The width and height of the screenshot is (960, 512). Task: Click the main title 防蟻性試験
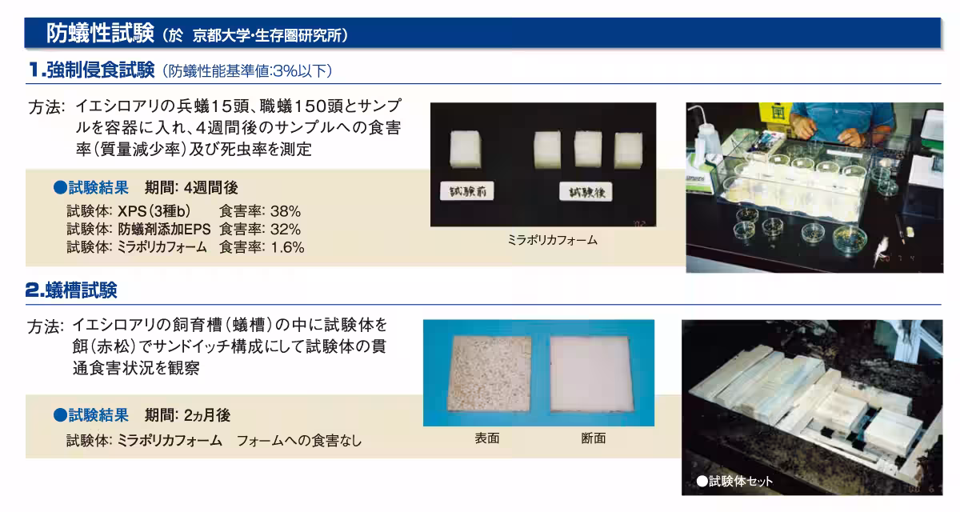[x=100, y=33]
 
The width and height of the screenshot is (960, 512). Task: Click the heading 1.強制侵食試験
[x=92, y=70]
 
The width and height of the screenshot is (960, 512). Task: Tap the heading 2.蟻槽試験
[x=71, y=290]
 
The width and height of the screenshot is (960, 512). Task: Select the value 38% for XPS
[x=286, y=211]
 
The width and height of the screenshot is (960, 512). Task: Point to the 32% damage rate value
[x=286, y=230]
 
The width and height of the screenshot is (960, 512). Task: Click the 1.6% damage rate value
[x=287, y=247]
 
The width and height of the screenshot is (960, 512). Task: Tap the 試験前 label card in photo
[x=466, y=191]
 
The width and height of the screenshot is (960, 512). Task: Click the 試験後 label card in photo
[x=586, y=192]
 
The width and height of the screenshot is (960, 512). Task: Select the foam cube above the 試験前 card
[x=466, y=149]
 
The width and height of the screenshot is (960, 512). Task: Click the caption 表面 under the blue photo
[x=487, y=438]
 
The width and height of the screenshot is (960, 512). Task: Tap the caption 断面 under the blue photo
[x=594, y=438]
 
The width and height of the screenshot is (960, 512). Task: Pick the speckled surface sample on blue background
[x=489, y=374]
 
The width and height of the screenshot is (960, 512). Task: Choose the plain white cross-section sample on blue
[x=591, y=374]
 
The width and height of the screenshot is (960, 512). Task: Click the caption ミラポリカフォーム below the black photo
[x=553, y=240]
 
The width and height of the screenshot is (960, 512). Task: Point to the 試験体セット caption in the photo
[x=734, y=481]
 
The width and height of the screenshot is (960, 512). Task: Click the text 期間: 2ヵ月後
[x=188, y=415]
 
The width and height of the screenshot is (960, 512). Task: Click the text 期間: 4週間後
[x=191, y=188]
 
